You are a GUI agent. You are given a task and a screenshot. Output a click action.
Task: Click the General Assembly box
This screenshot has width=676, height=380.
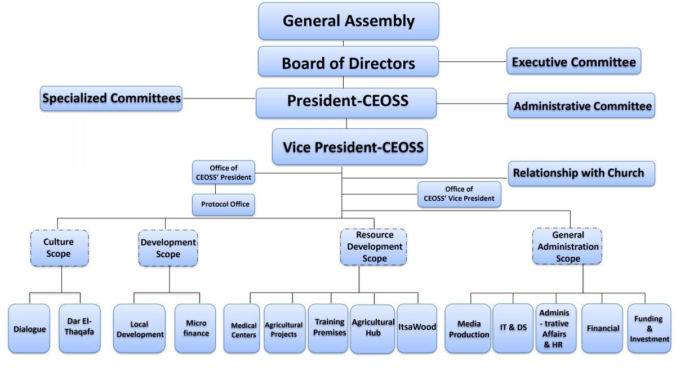point(348,21)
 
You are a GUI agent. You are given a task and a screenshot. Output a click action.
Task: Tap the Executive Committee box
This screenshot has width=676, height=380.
point(573,61)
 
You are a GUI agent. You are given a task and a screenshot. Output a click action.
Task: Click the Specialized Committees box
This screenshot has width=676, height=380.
point(112,99)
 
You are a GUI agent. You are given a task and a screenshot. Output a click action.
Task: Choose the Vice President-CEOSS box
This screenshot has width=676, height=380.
point(349,147)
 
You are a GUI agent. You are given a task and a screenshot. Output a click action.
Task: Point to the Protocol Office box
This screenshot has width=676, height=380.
point(224,204)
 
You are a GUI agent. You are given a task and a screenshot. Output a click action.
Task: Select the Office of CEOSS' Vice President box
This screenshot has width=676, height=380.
point(459,194)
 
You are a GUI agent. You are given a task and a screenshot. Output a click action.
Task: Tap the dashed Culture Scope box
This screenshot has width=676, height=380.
point(59,248)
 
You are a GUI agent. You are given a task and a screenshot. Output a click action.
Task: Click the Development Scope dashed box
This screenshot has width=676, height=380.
point(168,248)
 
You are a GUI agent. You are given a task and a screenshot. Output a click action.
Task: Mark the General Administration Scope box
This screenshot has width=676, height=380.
point(567,247)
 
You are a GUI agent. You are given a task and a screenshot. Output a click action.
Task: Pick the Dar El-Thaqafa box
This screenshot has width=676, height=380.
point(79,328)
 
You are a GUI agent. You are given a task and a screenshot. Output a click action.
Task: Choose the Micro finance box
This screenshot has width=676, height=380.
point(195,328)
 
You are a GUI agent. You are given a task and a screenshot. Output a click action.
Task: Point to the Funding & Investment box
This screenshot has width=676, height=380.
point(649,328)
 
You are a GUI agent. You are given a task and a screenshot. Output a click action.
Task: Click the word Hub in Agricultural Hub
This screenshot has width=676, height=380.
point(372,333)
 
